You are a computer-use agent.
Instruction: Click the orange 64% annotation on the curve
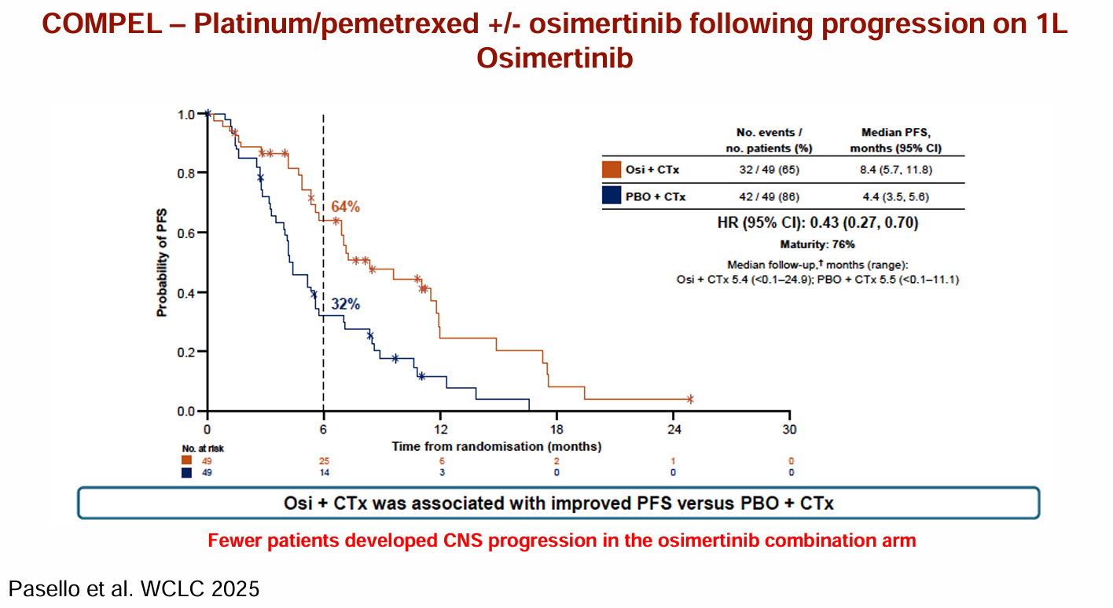click(345, 207)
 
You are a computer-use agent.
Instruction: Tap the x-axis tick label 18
click(556, 430)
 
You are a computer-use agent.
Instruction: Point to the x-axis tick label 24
click(673, 430)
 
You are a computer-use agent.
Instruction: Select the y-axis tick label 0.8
click(185, 173)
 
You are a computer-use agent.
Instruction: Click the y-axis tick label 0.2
click(185, 352)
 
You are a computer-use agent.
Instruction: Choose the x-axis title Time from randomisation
click(497, 446)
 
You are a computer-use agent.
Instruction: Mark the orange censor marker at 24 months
click(690, 399)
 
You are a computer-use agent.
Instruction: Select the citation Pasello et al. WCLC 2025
click(134, 588)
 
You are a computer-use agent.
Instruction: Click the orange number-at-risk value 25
click(323, 460)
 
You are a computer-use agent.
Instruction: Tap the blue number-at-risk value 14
click(323, 473)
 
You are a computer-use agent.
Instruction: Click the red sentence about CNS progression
click(561, 540)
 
